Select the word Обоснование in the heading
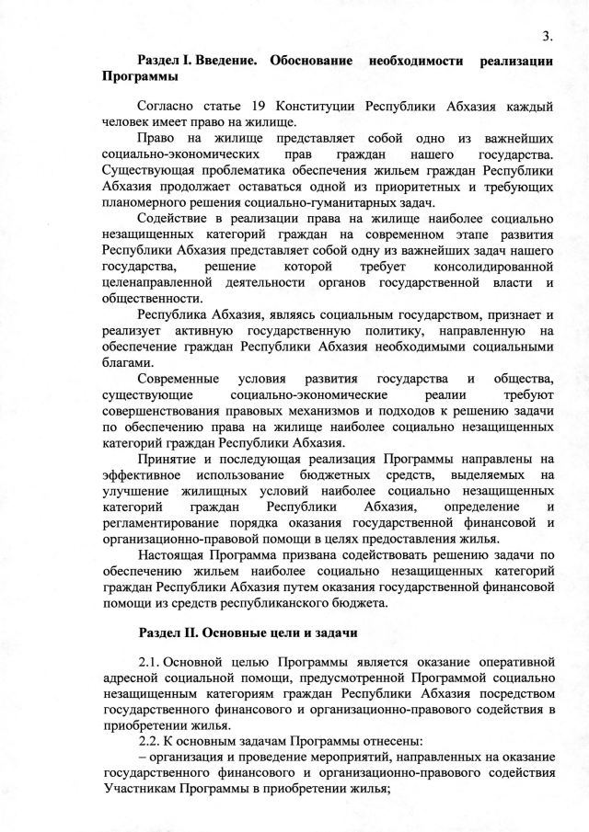[311, 62]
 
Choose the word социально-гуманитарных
[318, 202]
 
